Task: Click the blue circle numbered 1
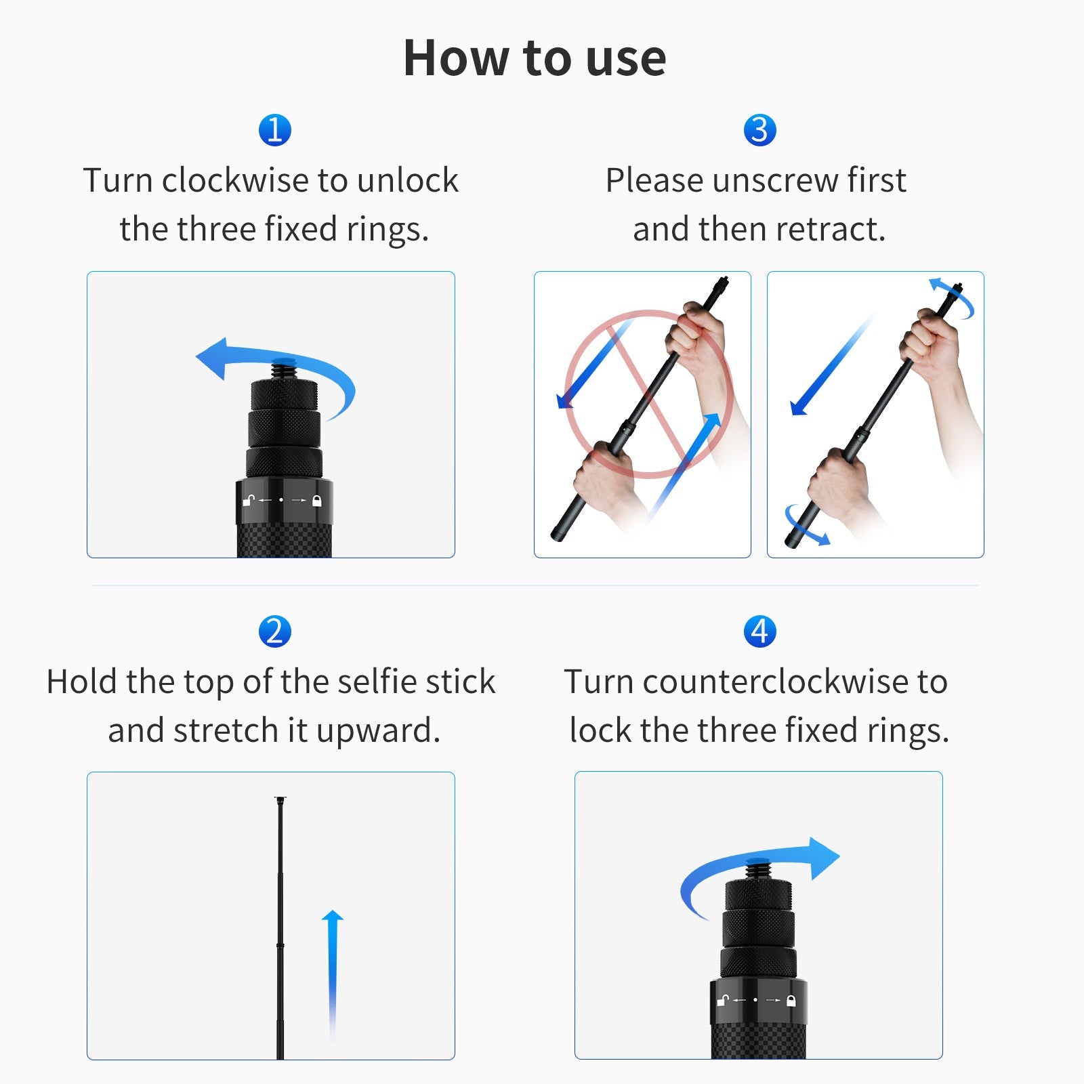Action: pos(274,130)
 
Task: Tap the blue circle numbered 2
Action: pos(274,631)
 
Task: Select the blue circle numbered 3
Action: pos(759,130)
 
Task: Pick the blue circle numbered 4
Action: pos(759,631)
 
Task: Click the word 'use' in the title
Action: pos(625,58)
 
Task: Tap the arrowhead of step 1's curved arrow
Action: pos(211,358)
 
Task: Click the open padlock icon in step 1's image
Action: pos(249,501)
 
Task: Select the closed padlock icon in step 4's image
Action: pos(791,1000)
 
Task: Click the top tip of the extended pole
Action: pos(280,800)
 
